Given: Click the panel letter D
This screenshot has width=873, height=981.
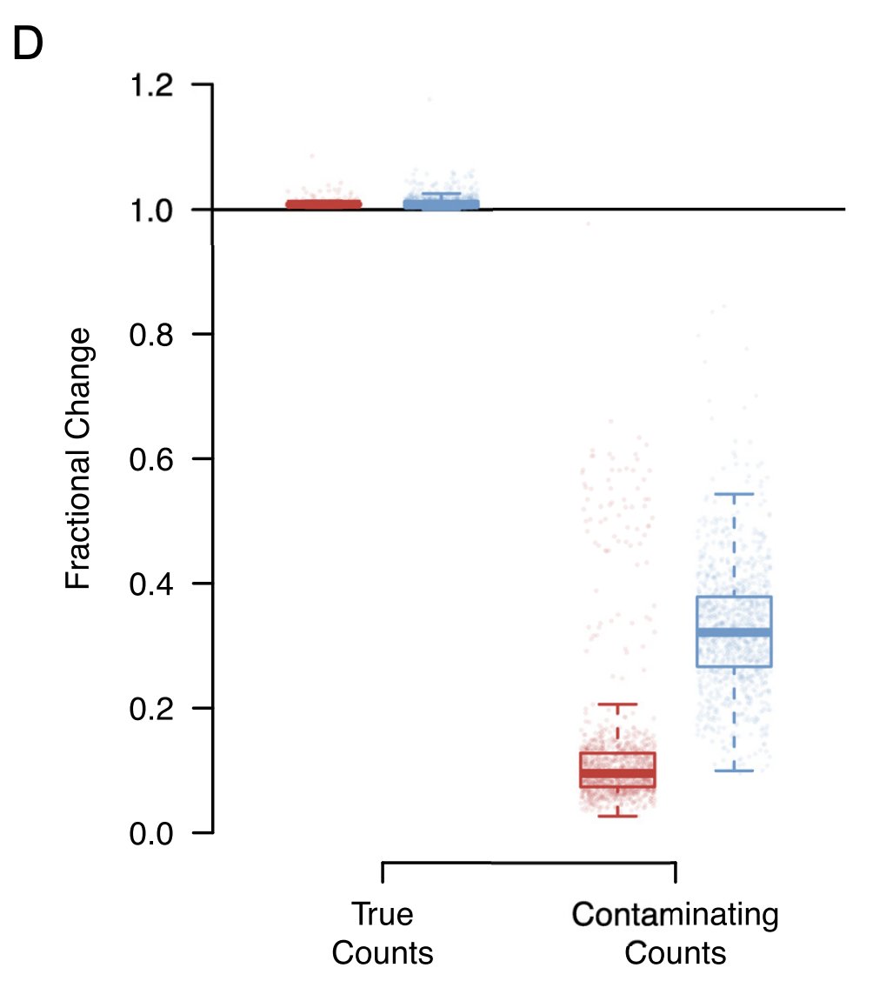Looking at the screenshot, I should (x=28, y=45).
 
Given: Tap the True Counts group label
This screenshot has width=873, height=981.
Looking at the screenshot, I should (x=383, y=933).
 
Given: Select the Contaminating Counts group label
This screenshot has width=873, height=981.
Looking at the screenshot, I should (x=676, y=933).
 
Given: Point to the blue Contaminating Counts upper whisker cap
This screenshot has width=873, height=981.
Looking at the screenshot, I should (x=734, y=494).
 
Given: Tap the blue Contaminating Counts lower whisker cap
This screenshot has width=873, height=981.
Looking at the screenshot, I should (x=734, y=771).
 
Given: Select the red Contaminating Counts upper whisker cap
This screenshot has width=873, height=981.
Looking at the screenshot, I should (x=617, y=704).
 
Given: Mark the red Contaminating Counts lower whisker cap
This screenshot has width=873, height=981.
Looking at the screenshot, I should (x=617, y=816).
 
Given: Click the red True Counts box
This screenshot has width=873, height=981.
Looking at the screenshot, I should (x=323, y=204).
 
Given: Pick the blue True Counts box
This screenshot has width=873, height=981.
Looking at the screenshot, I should (x=441, y=204).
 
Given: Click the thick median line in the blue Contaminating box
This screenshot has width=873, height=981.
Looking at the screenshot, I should (x=734, y=632).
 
